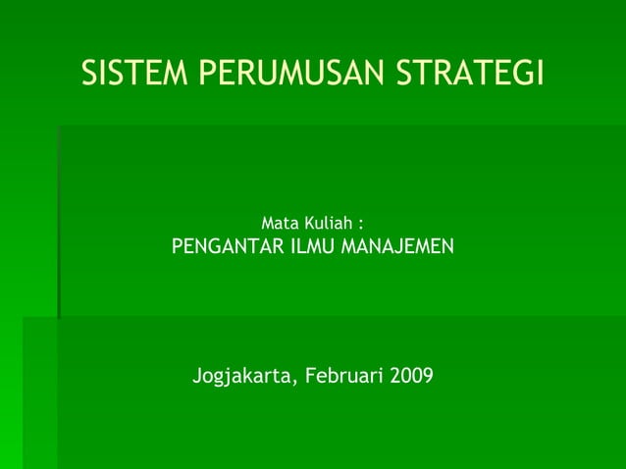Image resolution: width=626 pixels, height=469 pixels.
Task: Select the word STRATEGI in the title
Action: coord(472,74)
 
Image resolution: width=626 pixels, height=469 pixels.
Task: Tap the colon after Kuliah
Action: coord(362,226)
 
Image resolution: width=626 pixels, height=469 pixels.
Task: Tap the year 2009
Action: coord(410,376)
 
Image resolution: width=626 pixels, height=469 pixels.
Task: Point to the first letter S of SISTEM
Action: coord(89,74)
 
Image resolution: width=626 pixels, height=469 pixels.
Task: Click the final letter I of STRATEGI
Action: coord(539,74)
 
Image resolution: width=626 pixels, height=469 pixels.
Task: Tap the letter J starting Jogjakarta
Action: coord(198,376)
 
